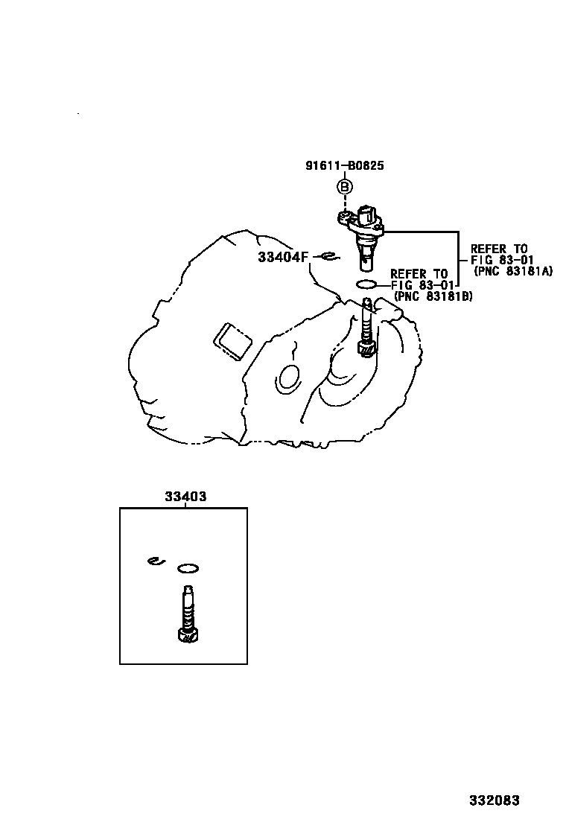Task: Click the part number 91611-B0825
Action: [x=344, y=166]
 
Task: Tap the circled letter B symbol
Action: [x=345, y=187]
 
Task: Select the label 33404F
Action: [x=282, y=257]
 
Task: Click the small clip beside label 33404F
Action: [x=327, y=257]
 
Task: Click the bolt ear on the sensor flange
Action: [x=343, y=217]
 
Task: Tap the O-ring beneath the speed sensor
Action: [x=366, y=284]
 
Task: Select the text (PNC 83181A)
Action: [x=513, y=271]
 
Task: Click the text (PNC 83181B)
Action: [x=433, y=296]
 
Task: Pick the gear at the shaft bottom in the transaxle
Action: [x=366, y=347]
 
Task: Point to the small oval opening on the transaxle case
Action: [x=287, y=378]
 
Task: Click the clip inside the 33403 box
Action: [x=154, y=561]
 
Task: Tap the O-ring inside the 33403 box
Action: [x=188, y=569]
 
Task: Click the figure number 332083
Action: [x=494, y=800]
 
